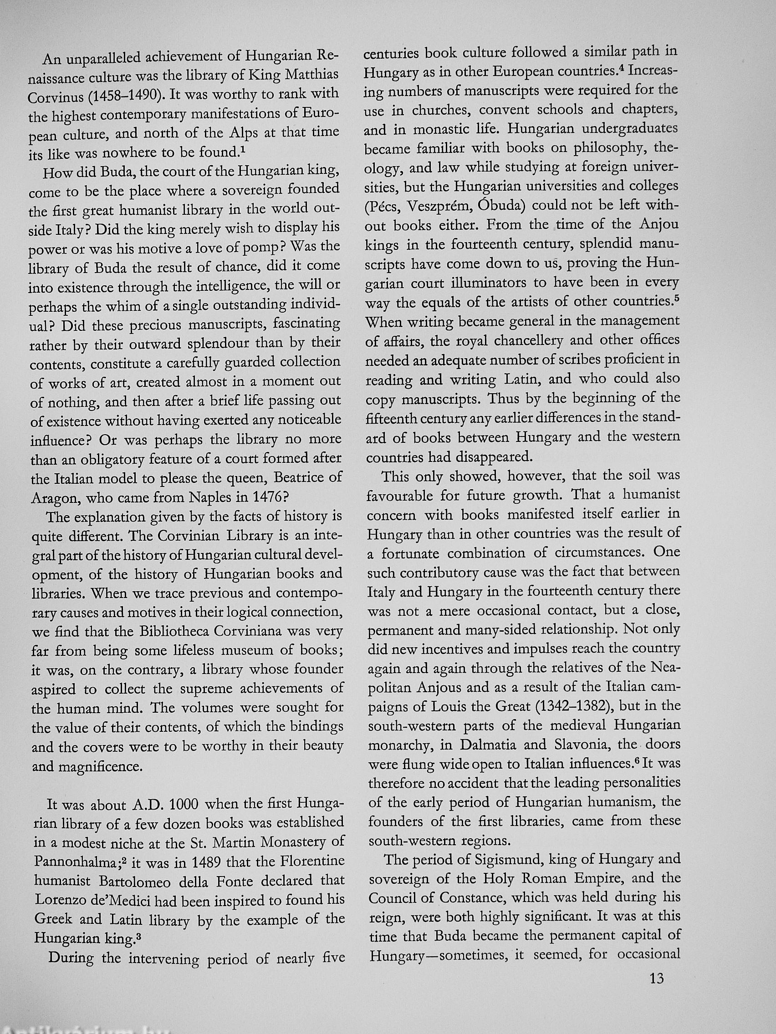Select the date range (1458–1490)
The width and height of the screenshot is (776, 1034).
coord(126,96)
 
